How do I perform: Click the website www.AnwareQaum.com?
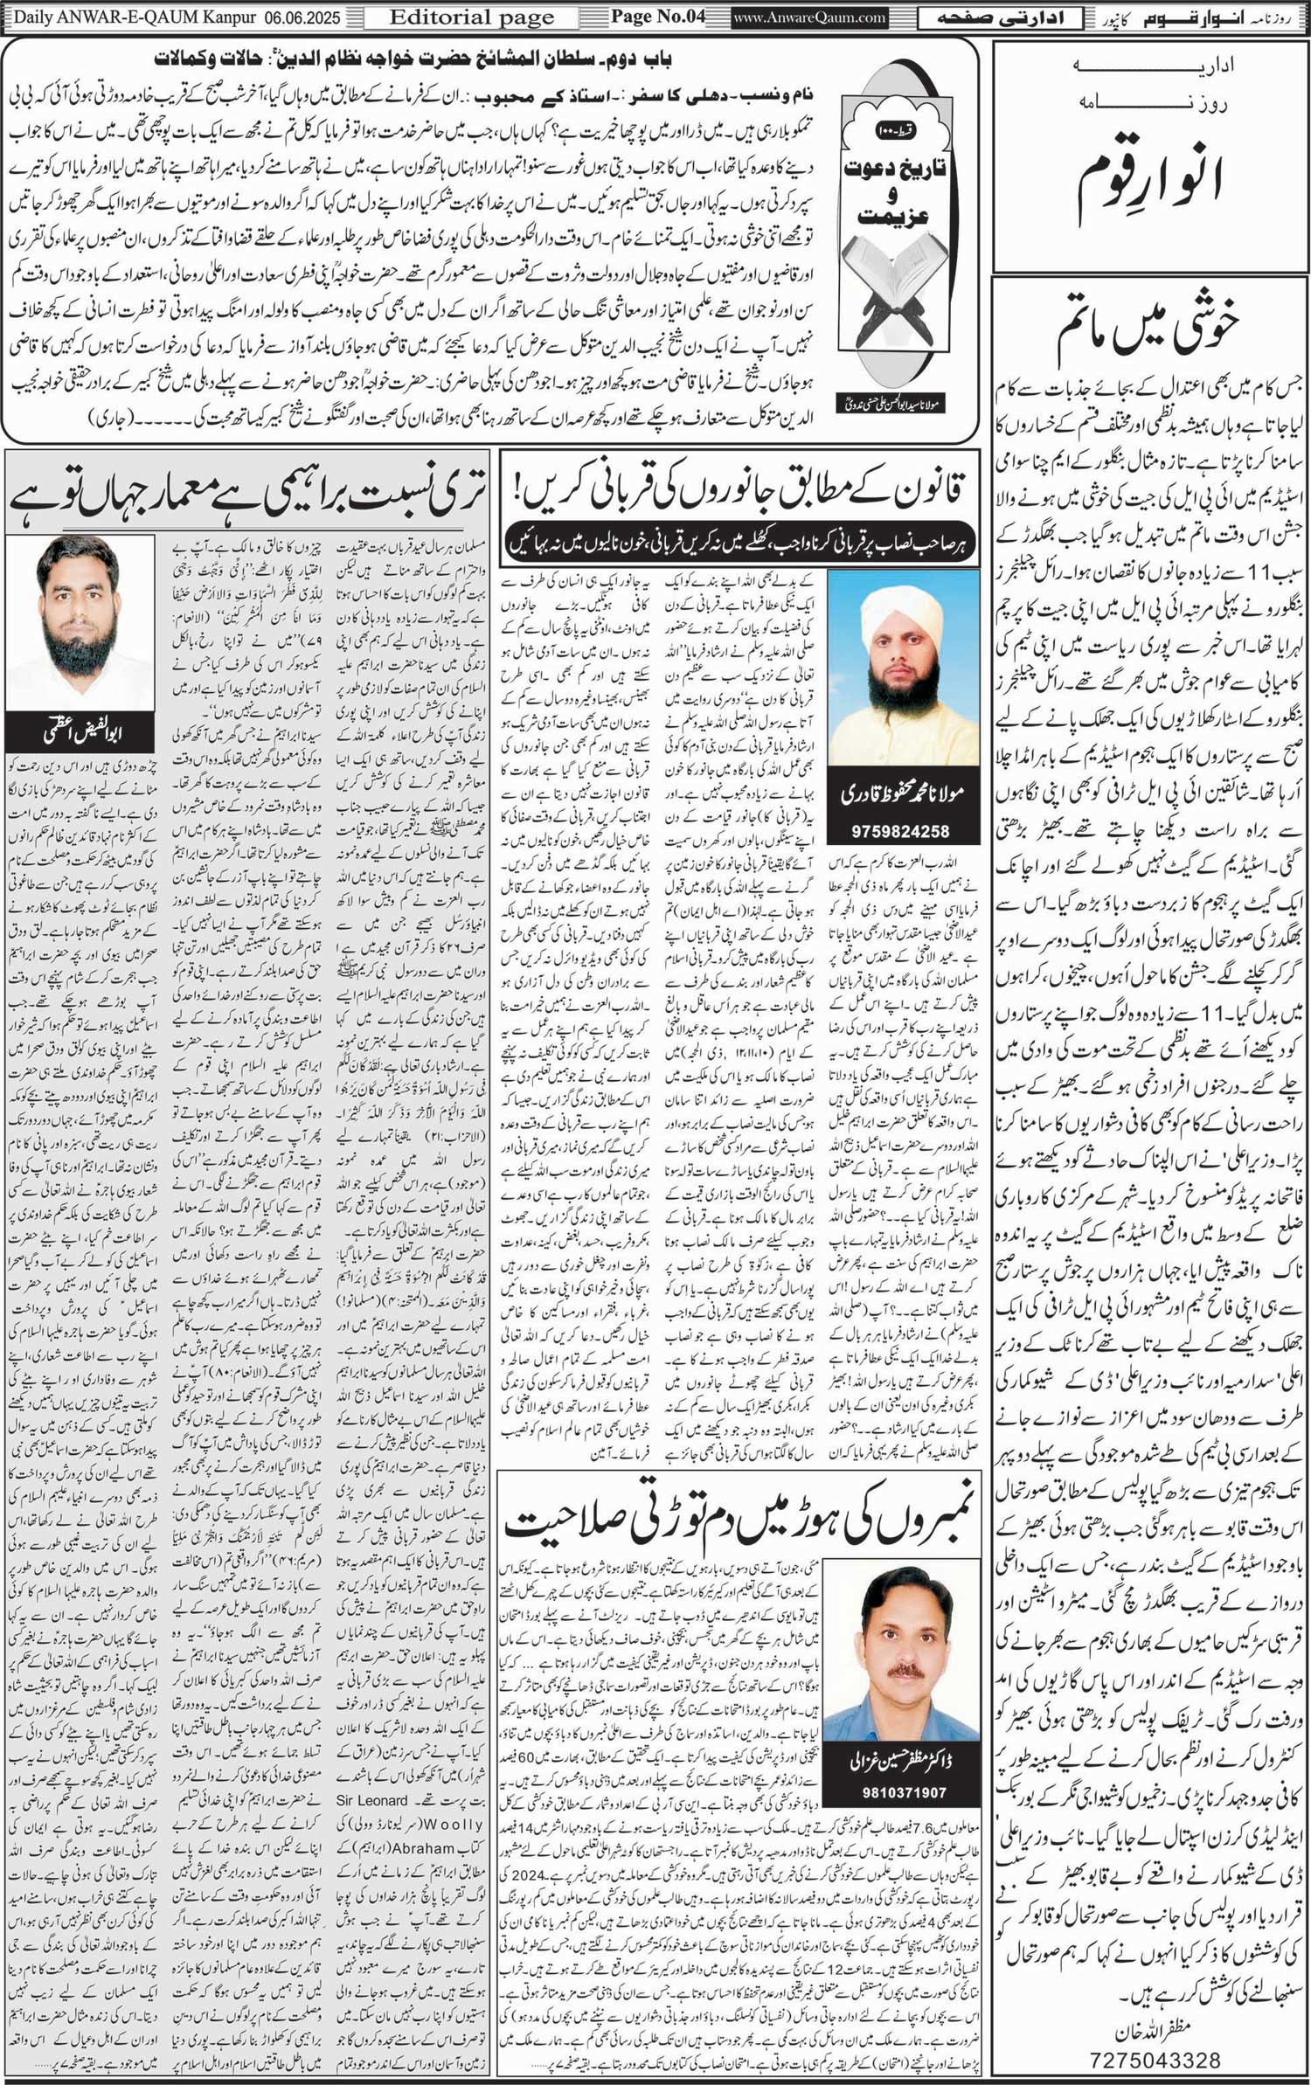click(x=809, y=17)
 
